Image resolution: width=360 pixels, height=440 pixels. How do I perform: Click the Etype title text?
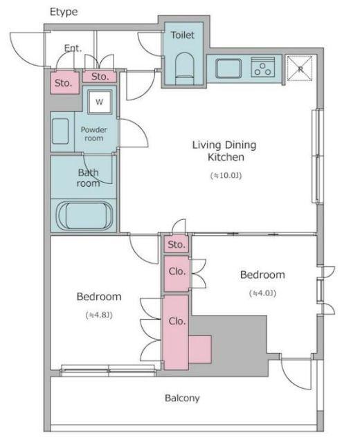[x=64, y=12]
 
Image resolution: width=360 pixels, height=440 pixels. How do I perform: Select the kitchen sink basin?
[x=228, y=68]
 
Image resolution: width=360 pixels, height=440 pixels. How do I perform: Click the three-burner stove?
[x=263, y=67]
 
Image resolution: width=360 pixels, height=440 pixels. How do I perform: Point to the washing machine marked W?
[x=100, y=102]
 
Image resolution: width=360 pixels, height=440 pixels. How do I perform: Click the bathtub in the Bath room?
[x=84, y=216]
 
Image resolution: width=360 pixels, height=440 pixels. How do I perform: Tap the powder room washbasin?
[x=60, y=131]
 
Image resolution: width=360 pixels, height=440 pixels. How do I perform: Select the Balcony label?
[x=182, y=398]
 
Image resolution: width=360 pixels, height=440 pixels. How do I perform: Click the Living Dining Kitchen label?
[x=224, y=151]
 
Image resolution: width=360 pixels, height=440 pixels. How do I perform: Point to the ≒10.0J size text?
[x=226, y=176]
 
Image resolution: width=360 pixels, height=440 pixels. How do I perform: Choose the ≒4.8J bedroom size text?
[x=99, y=315]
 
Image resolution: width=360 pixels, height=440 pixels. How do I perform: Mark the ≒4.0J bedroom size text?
[x=262, y=293]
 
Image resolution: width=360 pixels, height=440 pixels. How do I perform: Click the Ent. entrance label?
[x=73, y=48]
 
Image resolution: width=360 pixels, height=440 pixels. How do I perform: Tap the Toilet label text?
[x=183, y=35]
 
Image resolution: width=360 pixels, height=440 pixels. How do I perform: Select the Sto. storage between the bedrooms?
[x=177, y=244]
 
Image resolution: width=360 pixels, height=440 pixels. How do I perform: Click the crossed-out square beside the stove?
[x=300, y=68]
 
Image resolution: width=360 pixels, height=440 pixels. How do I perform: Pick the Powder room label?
[x=94, y=134]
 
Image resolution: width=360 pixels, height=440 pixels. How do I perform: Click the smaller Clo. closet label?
[x=177, y=271]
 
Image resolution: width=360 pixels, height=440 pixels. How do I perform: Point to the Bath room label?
[x=88, y=178]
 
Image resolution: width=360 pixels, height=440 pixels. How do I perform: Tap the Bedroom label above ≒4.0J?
[x=262, y=275]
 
